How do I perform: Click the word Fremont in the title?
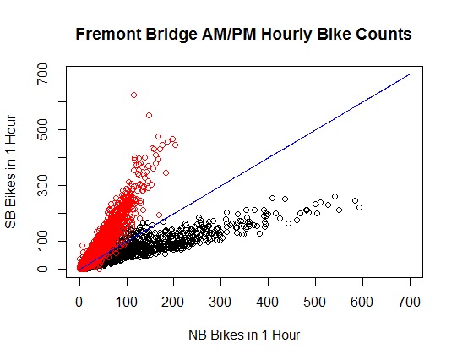tap(108, 35)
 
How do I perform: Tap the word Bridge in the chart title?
tap(171, 35)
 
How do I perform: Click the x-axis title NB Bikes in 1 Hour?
tap(244, 335)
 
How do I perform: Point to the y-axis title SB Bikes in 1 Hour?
tap(11, 172)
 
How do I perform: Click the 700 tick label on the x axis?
tap(409, 302)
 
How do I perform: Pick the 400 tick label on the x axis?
tap(268, 302)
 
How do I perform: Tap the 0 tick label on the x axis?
tap(79, 302)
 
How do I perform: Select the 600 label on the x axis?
tap(362, 302)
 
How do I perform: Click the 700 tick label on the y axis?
tap(42, 74)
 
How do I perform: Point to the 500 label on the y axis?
tap(42, 129)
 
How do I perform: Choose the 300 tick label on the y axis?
tap(42, 185)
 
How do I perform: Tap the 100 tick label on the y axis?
tap(42, 241)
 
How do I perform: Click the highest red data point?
tap(133, 95)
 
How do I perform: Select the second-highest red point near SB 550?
tap(149, 116)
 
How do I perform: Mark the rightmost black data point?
tap(359, 207)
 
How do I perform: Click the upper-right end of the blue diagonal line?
tap(411, 74)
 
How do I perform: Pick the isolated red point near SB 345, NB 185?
tap(166, 173)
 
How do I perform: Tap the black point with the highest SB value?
tap(335, 196)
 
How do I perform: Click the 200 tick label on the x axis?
tap(173, 302)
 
